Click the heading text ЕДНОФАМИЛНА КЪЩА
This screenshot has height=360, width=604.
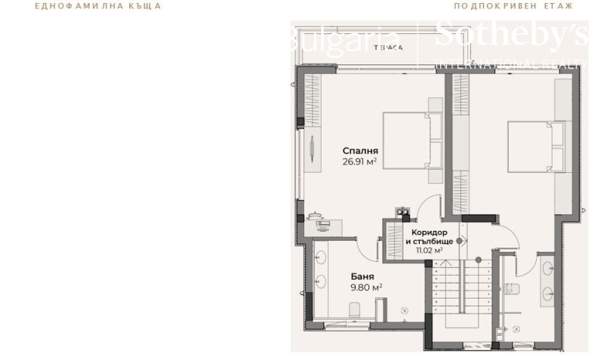click(x=97, y=6)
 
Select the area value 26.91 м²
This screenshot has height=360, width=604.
click(x=359, y=161)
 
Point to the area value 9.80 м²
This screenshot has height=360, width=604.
click(x=365, y=287)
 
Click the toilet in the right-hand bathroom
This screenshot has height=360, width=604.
click(x=511, y=288)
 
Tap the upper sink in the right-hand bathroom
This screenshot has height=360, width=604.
click(x=547, y=268)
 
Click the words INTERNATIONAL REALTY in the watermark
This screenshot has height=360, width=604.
click(x=510, y=63)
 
